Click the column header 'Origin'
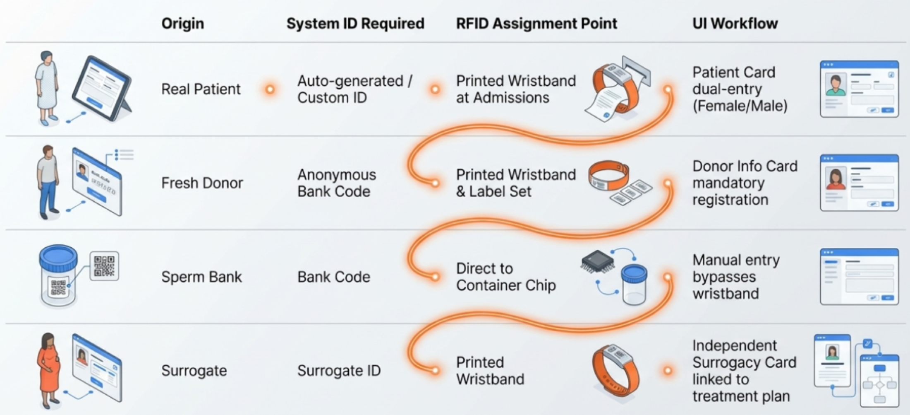click(x=182, y=24)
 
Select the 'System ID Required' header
click(x=355, y=24)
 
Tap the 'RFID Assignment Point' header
click(x=536, y=24)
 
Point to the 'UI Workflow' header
click(x=735, y=24)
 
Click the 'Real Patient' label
click(x=201, y=89)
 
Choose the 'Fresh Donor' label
click(x=202, y=183)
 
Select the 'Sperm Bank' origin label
click(x=201, y=277)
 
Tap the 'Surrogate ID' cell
click(x=339, y=371)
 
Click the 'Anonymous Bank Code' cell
click(x=337, y=183)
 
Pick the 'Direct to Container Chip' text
click(x=506, y=277)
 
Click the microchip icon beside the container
click(x=597, y=261)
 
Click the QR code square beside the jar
click(x=104, y=266)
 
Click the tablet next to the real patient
click(x=102, y=88)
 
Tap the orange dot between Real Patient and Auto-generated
click(x=270, y=89)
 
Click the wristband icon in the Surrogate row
click(x=615, y=370)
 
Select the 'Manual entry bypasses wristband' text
click(x=736, y=277)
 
